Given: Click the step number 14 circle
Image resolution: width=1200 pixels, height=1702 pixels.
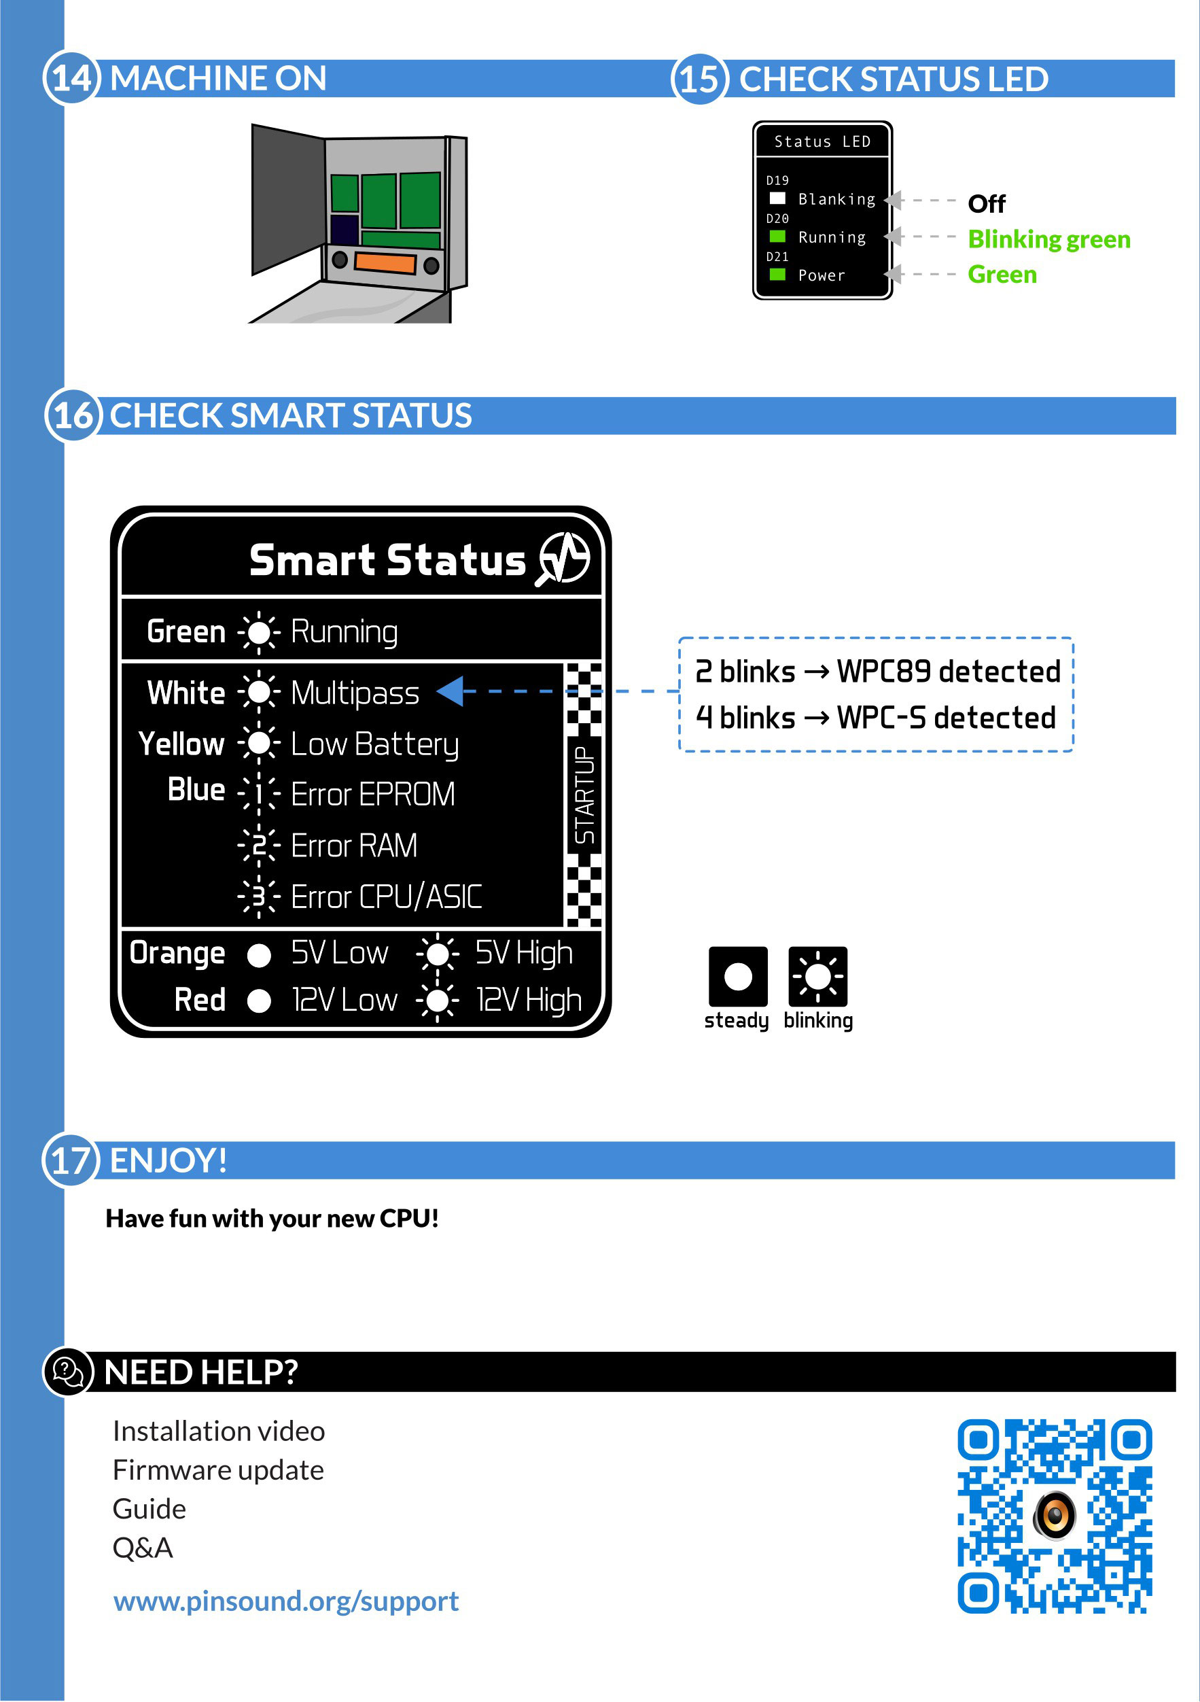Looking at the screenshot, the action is pyautogui.click(x=71, y=79).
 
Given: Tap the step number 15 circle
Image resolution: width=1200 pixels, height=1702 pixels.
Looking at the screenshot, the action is pyautogui.click(x=699, y=80).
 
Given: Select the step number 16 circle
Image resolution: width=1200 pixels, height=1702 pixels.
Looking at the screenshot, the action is pyautogui.click(x=73, y=416).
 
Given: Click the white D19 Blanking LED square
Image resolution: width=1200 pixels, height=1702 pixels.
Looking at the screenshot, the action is pyautogui.click(x=777, y=198).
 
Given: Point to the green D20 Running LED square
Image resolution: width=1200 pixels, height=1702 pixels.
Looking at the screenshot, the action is pyautogui.click(x=777, y=237).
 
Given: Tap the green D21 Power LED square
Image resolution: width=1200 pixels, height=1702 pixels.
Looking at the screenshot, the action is pyautogui.click(x=777, y=275).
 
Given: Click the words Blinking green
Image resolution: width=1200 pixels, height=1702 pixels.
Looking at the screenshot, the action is pyautogui.click(x=1048, y=239).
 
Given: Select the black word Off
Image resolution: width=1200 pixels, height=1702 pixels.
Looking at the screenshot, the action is pyautogui.click(x=987, y=204).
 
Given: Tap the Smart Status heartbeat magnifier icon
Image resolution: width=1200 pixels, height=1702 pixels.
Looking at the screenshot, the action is pyautogui.click(x=563, y=559).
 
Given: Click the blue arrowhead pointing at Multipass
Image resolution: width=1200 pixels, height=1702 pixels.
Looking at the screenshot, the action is pyautogui.click(x=450, y=692).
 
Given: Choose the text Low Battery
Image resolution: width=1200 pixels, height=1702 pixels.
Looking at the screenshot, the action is pyautogui.click(x=375, y=745).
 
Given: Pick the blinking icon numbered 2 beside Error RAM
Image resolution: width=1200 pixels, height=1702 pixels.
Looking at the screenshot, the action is pyautogui.click(x=259, y=845).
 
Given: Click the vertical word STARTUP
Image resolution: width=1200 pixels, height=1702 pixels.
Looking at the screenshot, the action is pyautogui.click(x=584, y=795).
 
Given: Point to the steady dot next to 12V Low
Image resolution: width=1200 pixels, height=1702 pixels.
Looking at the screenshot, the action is pyautogui.click(x=259, y=1001).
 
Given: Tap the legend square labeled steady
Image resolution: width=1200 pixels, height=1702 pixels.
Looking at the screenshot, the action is pyautogui.click(x=738, y=977).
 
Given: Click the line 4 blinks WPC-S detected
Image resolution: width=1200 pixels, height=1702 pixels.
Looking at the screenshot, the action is pyautogui.click(x=875, y=718).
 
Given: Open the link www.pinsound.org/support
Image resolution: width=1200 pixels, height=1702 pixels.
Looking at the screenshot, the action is pyautogui.click(x=286, y=1601).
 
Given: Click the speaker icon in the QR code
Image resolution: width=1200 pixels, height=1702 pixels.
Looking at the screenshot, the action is pyautogui.click(x=1055, y=1515).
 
